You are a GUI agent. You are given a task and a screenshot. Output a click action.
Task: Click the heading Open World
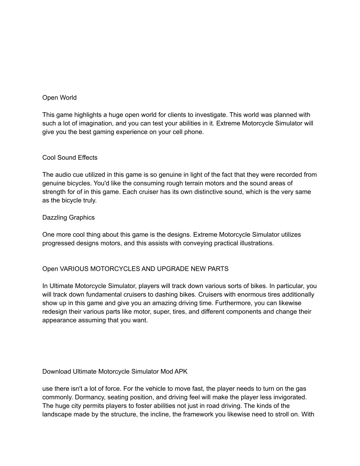point(59,98)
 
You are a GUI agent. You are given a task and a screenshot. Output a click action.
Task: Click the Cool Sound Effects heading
point(70,158)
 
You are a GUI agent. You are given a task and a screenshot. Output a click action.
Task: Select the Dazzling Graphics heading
point(69,218)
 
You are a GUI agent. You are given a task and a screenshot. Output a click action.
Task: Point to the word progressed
point(58,243)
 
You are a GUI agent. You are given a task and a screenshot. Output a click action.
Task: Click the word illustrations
point(256,243)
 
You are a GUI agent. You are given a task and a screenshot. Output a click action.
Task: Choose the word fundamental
point(105,295)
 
